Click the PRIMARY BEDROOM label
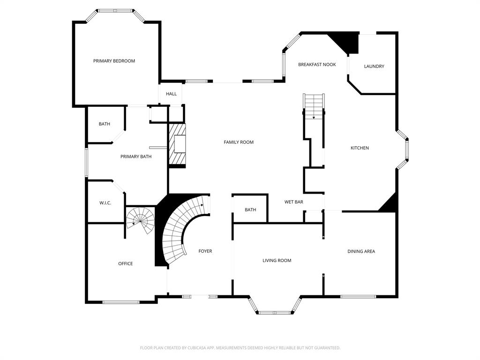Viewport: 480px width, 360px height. point(114,61)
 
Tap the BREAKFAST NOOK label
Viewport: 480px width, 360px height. point(317,64)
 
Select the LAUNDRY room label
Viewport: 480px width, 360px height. point(374,66)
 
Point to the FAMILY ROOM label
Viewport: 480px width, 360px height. point(239,142)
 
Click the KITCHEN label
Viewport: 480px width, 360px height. point(360,148)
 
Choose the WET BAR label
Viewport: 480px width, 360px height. point(294,202)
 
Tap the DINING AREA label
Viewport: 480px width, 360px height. point(361,251)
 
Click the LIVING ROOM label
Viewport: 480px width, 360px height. point(277,261)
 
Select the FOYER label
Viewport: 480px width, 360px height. point(205,251)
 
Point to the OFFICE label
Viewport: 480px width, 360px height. point(125,263)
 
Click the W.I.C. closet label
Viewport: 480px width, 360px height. point(105,203)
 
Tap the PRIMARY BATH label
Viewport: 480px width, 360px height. point(136,157)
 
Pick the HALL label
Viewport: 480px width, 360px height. point(171,94)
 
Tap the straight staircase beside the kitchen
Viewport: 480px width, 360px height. point(314,105)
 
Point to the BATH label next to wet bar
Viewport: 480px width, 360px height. point(250,210)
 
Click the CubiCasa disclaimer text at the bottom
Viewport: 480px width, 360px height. point(240,348)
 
